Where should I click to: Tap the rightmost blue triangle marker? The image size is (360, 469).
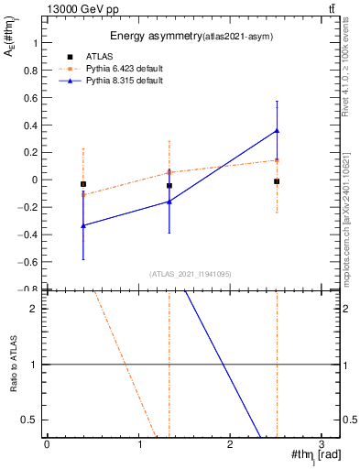point(277,131)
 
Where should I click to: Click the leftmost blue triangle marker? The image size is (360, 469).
point(83,225)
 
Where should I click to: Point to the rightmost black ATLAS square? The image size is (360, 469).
point(277,181)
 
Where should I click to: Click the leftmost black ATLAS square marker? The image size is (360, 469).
point(83,184)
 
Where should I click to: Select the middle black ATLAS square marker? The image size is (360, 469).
point(169,185)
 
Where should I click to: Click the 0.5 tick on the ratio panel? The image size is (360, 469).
point(29,420)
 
